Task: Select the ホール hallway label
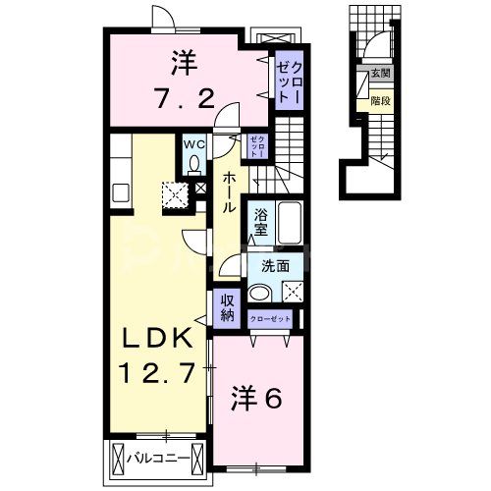click(x=227, y=192)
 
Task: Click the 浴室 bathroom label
click(x=261, y=222)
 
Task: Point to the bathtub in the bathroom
click(x=290, y=224)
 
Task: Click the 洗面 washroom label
click(x=275, y=265)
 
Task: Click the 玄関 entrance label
click(x=379, y=75)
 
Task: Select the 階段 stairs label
click(x=378, y=98)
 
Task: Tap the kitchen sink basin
click(x=121, y=189)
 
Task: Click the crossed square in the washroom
click(x=292, y=292)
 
